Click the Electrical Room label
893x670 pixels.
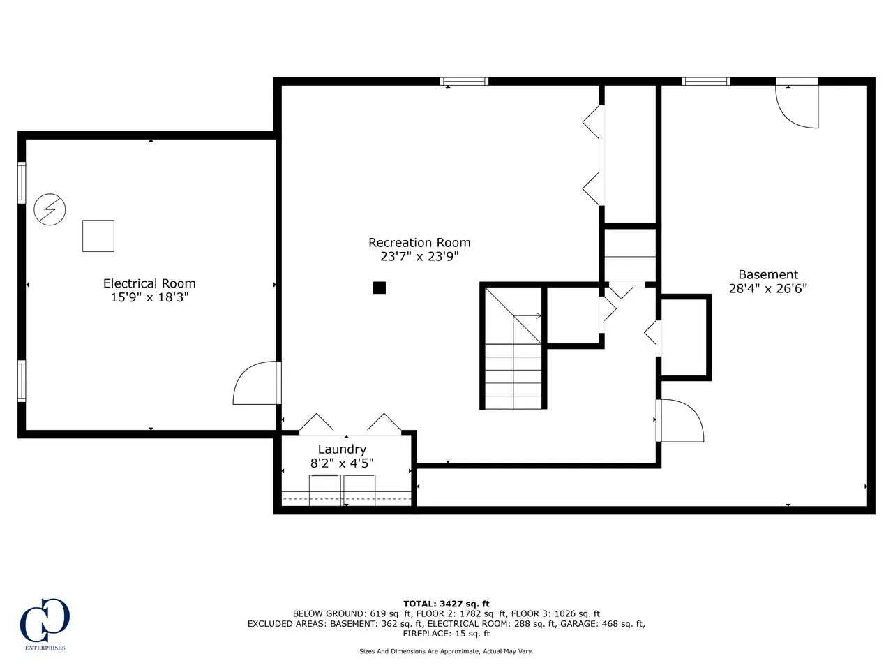pos(149,283)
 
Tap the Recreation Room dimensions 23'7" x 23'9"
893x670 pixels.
pos(419,256)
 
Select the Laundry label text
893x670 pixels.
pos(342,449)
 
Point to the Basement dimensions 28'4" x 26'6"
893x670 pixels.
pos(767,288)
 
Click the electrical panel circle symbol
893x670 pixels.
pos(50,209)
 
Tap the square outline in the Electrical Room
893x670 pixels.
pos(98,236)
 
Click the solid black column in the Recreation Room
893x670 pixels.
pos(379,288)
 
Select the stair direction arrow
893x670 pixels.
pos(527,315)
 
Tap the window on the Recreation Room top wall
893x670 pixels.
pos(464,82)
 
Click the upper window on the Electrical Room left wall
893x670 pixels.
pos(22,183)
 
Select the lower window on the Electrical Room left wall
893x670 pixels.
pos(22,381)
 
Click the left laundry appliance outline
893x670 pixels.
pos(325,490)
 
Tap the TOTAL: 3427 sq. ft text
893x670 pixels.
pos(446,604)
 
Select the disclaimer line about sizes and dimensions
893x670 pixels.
pos(446,651)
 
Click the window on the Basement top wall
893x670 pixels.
pos(706,82)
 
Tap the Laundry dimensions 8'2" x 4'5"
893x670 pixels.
pos(342,463)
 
